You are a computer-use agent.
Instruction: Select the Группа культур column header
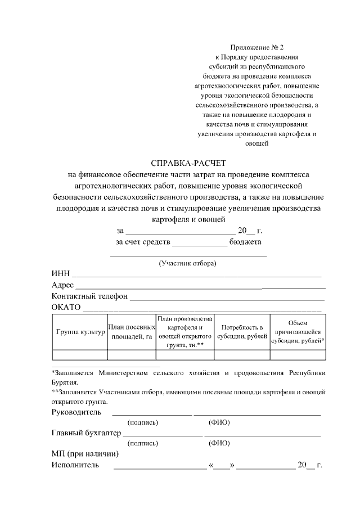pyautogui.click(x=80, y=332)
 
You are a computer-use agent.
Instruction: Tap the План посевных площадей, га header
pyautogui.click(x=131, y=332)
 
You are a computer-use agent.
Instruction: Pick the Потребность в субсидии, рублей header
pyautogui.click(x=242, y=332)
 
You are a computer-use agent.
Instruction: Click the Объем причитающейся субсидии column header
pyautogui.click(x=298, y=332)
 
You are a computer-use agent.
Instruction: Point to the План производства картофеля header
pyautogui.click(x=184, y=332)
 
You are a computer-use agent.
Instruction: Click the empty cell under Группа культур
pyautogui.click(x=80, y=354)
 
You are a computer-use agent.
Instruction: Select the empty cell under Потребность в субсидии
pyautogui.click(x=242, y=354)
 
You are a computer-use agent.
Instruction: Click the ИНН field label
pyautogui.click(x=60, y=273)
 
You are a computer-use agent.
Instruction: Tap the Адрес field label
pyautogui.click(x=62, y=285)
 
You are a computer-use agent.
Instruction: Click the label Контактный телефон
pyautogui.click(x=89, y=296)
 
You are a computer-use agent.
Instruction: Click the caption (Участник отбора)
pyautogui.click(x=188, y=263)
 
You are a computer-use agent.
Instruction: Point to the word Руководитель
pyautogui.click(x=76, y=412)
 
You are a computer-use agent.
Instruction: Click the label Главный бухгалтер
pyautogui.click(x=86, y=433)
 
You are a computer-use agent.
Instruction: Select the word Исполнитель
pyautogui.click(x=75, y=465)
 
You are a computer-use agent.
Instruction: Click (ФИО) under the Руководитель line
pyautogui.click(x=219, y=422)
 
